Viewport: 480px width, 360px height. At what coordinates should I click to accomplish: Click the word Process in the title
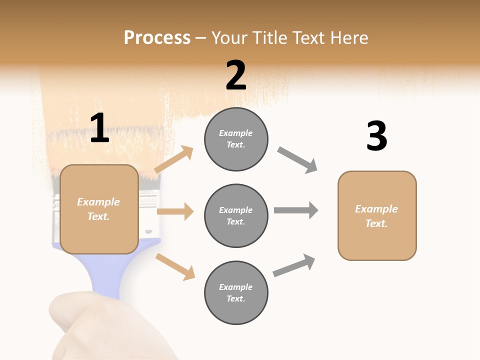157,38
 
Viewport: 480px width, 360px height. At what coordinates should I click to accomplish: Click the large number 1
99,128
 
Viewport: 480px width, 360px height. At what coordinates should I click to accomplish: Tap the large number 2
236,75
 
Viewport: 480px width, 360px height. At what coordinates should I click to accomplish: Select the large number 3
376,136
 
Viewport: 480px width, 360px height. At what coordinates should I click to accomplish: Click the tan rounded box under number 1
99,209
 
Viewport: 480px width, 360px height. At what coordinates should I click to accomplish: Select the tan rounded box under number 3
377,216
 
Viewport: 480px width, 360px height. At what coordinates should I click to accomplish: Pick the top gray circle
236,139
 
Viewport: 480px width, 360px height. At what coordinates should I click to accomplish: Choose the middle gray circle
236,216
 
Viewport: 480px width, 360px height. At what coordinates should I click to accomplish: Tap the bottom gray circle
236,293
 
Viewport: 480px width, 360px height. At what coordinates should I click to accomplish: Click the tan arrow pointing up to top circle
174,159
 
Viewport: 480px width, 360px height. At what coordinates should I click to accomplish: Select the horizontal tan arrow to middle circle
175,211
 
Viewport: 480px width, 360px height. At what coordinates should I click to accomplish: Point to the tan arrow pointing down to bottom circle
175,266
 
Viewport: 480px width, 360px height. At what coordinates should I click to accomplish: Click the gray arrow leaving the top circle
297,160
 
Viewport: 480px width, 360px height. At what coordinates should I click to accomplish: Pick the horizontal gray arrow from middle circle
296,210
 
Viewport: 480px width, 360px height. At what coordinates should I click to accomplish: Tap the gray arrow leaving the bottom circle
294,265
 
